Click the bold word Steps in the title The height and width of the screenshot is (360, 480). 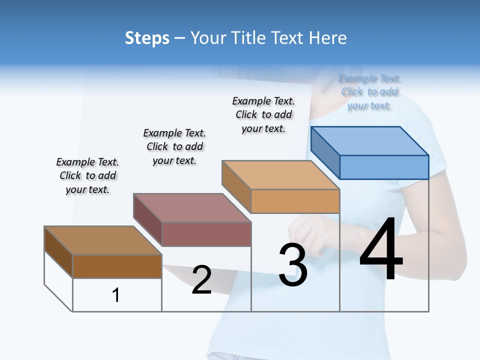click(x=147, y=38)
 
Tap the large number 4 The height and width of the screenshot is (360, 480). click(x=381, y=250)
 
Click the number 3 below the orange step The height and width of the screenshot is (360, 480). click(x=293, y=265)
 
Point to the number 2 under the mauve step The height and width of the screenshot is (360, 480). click(x=201, y=280)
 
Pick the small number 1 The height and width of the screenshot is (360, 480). click(x=115, y=295)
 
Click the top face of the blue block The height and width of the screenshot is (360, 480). click(x=370, y=140)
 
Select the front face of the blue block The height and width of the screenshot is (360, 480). click(x=384, y=167)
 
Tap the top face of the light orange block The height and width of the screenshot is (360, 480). click(x=280, y=175)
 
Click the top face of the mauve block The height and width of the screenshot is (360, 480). click(x=192, y=207)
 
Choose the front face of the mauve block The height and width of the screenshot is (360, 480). click(x=206, y=234)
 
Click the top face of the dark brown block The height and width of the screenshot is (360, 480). click(x=103, y=240)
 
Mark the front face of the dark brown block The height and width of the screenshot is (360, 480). click(x=117, y=266)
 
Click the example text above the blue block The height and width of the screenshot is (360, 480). click(x=369, y=92)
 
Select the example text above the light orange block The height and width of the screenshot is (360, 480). click(x=263, y=114)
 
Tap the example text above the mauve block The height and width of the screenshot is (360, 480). click(x=174, y=146)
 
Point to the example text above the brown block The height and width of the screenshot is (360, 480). click(x=87, y=175)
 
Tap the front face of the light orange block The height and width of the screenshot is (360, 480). click(x=295, y=201)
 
